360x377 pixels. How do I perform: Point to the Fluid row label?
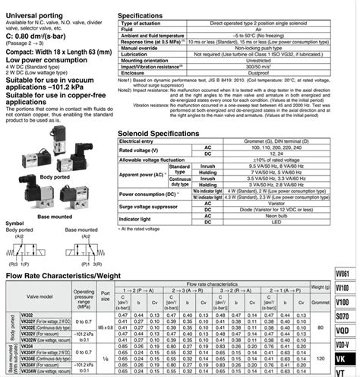point(132,29)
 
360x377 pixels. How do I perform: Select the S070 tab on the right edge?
point(344,314)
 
